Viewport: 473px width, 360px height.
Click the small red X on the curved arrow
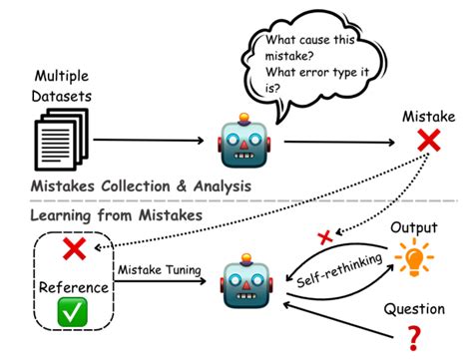pyautogui.click(x=322, y=237)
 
